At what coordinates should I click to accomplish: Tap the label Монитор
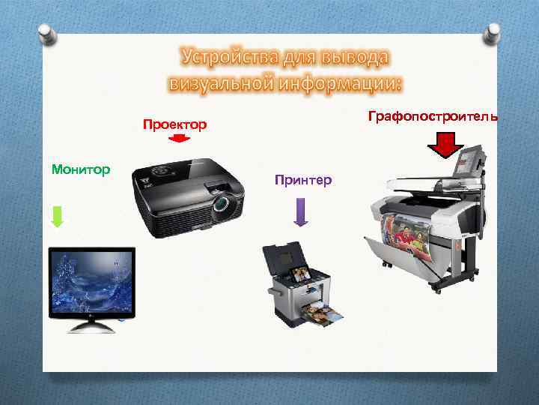[x=81, y=169]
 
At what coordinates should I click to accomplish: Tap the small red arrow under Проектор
[x=180, y=139]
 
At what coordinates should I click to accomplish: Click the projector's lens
[x=222, y=203]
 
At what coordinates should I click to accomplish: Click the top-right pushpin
[x=492, y=31]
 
